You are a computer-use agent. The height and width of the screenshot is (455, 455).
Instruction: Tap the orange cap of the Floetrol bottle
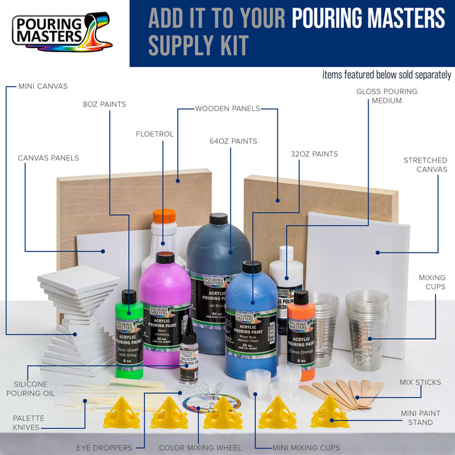point(164,216)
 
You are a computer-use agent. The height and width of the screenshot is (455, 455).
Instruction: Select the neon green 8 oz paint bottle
point(129,331)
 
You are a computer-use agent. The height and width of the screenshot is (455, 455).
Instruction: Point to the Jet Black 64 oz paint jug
point(218,273)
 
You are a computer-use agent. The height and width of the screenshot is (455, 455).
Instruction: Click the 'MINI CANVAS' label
point(43,86)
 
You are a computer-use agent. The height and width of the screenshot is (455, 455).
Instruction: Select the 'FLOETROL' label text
point(155,134)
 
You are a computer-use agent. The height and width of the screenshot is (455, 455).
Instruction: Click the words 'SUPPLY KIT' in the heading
point(198,45)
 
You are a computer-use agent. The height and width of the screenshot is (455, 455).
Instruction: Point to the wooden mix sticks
point(341,391)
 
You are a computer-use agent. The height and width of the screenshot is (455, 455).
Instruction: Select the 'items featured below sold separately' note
point(386,74)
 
